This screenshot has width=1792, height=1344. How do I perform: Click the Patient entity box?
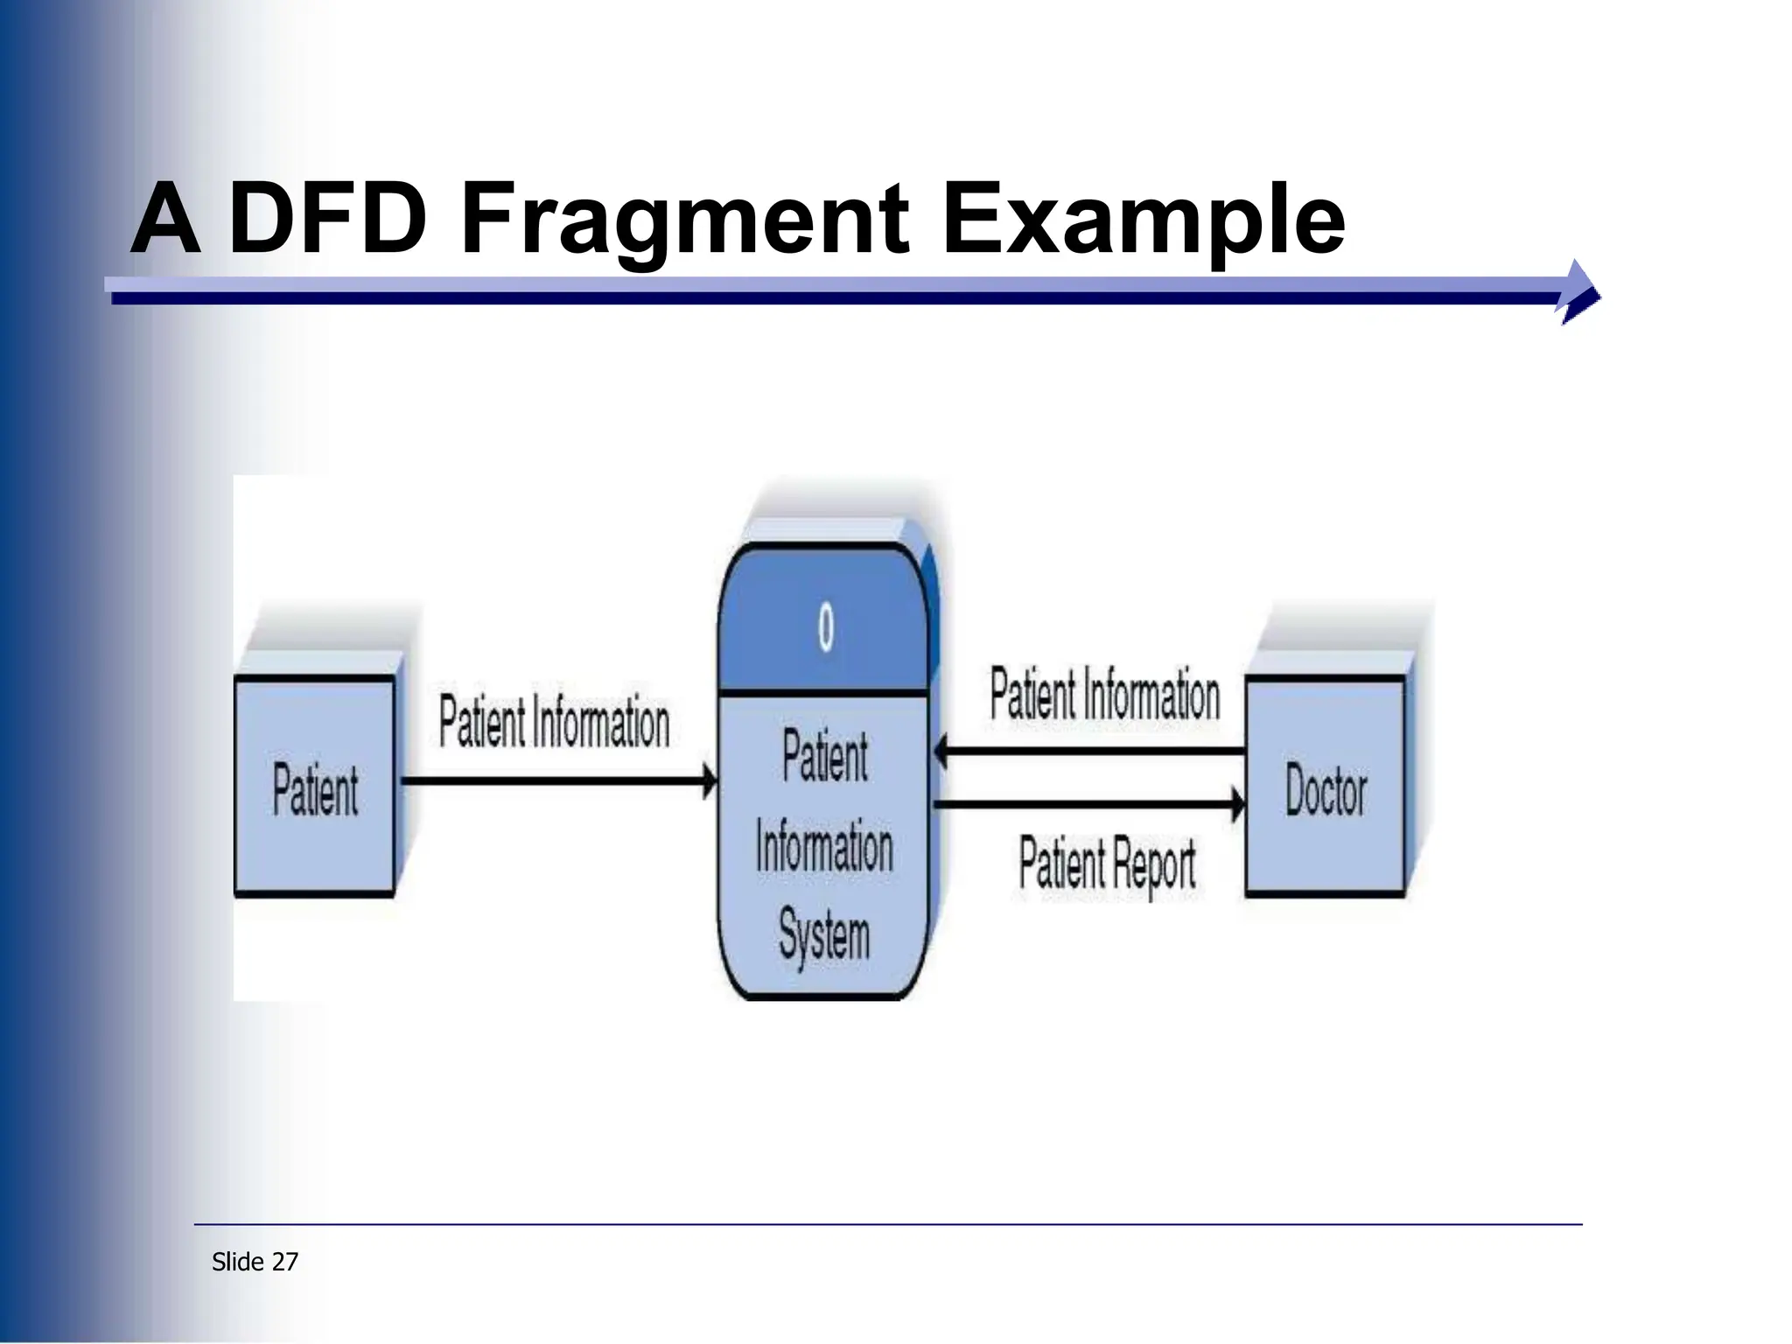[315, 788]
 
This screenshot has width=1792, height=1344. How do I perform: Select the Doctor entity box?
[1325, 787]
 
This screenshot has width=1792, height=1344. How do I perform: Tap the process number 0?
[825, 627]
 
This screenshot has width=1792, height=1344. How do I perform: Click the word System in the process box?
[824, 935]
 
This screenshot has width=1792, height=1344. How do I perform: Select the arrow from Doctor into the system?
[1088, 752]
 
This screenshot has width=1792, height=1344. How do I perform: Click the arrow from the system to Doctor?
[1088, 803]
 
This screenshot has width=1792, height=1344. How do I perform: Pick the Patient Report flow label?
[1107, 864]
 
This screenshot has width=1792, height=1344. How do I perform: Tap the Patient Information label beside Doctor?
[1104, 695]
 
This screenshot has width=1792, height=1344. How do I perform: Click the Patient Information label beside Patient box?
[554, 723]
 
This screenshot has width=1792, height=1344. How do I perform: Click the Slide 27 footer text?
[255, 1262]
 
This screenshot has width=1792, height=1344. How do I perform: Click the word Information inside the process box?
[824, 847]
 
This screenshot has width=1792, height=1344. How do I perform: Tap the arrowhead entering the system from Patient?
[709, 780]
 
